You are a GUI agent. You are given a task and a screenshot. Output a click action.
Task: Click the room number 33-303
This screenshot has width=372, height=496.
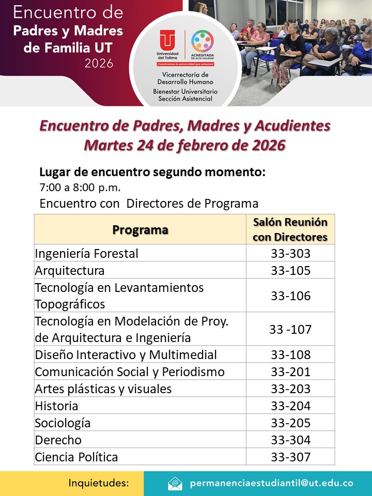290,254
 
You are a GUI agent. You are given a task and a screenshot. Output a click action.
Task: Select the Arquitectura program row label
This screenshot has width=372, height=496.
70,271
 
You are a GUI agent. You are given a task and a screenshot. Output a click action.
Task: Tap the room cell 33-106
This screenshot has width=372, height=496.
290,296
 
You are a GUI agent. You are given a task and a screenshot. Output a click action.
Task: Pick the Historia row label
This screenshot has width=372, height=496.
57,406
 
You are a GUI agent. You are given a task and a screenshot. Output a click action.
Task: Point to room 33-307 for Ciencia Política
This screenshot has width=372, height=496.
290,457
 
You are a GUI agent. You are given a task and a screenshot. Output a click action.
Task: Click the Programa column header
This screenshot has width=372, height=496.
140,229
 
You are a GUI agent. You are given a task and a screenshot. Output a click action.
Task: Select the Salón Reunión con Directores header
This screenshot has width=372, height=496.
290,229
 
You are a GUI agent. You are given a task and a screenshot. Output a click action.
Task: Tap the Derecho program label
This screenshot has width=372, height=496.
58,440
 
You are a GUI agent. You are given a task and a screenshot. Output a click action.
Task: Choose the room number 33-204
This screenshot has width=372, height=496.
290,406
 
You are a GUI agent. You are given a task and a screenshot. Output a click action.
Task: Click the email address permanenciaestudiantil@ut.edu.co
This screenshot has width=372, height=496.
271,484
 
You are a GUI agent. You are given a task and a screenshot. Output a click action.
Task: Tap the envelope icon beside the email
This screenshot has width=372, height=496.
175,484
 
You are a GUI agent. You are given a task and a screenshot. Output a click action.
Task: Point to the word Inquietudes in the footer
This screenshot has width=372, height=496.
98,484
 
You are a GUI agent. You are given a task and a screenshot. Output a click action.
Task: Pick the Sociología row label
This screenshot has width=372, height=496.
63,423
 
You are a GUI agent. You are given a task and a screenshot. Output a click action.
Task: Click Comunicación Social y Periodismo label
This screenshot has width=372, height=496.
130,372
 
